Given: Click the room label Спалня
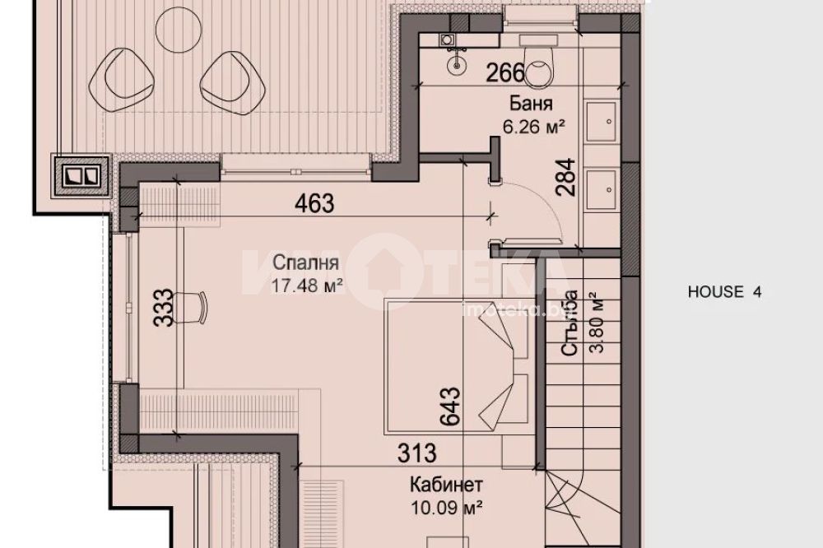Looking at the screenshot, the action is click(305, 262).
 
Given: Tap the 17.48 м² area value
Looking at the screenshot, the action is click(307, 286).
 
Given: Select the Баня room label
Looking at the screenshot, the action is click(531, 104).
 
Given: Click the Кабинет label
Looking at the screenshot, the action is click(445, 485).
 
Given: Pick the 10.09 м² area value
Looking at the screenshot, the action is click(446, 508).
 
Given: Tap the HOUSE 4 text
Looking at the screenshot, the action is click(724, 291).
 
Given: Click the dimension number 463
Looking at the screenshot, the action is click(314, 203).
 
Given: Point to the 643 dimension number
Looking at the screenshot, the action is click(450, 406).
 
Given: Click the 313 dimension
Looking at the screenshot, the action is click(416, 453).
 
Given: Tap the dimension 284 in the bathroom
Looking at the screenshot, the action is click(566, 178).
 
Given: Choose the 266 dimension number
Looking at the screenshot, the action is click(506, 73).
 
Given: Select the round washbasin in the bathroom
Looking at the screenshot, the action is click(457, 64).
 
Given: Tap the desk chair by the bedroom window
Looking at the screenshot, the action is click(189, 308).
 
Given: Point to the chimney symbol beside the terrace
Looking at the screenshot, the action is click(81, 176).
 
